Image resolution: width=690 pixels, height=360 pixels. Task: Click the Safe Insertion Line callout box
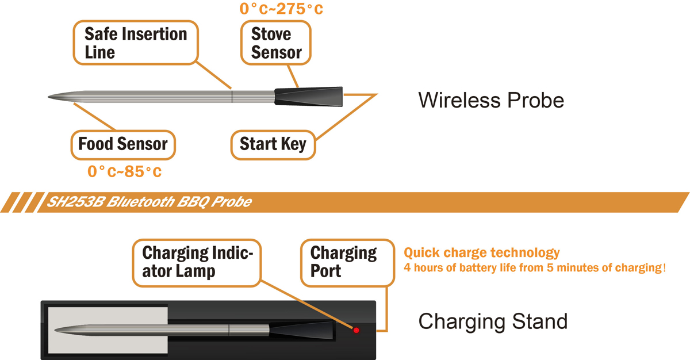pos(136,43)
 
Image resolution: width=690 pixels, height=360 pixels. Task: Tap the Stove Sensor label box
pos(276,43)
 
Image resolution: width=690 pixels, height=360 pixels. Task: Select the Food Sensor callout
pos(122,143)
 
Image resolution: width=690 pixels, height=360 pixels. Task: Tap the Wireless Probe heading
pos(490,100)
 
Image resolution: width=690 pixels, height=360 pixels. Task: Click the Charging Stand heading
pos(493,321)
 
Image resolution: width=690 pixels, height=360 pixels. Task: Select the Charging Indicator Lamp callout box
pos(197,262)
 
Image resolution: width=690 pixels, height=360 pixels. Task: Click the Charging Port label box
pos(343,262)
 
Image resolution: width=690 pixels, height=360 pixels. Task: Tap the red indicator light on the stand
pos(356,330)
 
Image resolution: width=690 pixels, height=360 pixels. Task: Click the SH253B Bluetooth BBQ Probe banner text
pos(143,202)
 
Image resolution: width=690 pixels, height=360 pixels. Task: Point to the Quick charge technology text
pos(481,252)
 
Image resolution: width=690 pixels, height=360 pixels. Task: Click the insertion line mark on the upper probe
pos(232,96)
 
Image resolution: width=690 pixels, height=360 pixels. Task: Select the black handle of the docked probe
pos(302,330)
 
